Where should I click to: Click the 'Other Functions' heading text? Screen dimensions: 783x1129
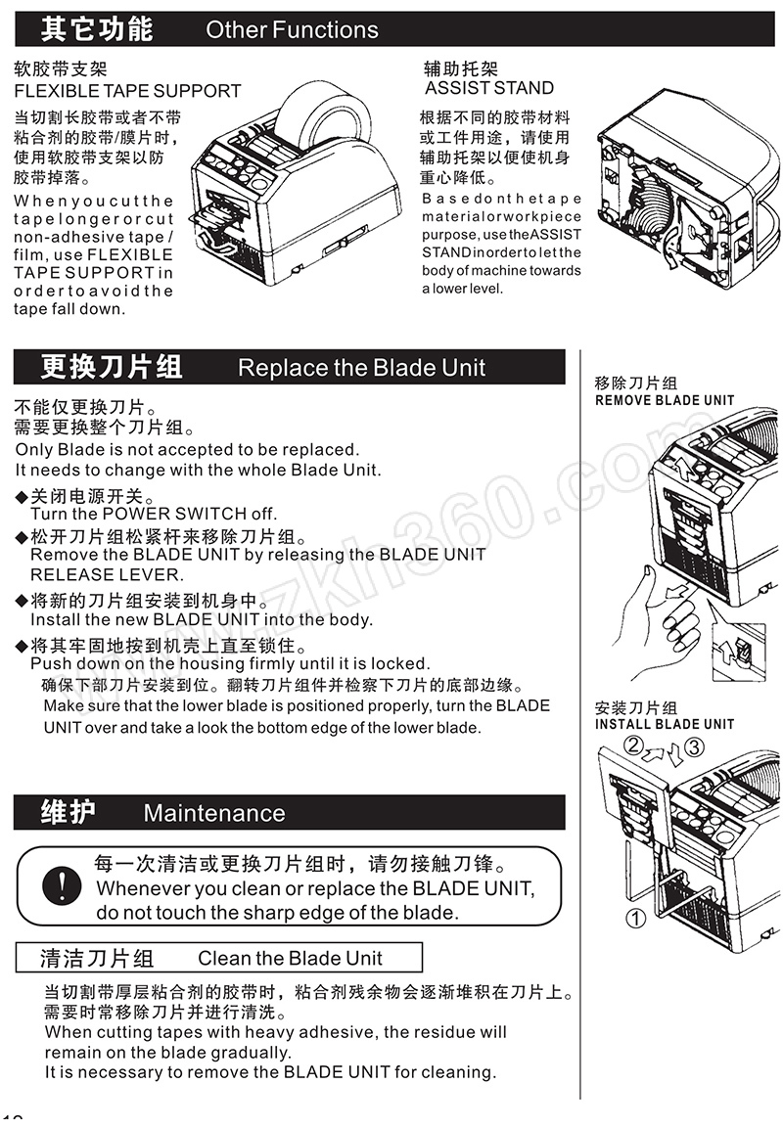(x=292, y=30)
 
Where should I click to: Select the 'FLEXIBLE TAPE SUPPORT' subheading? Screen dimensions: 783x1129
(x=127, y=91)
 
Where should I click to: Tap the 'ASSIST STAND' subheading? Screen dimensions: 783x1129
(x=489, y=89)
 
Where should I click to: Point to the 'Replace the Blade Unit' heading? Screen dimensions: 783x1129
(x=361, y=368)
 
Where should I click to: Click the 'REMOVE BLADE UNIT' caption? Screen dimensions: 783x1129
(x=665, y=400)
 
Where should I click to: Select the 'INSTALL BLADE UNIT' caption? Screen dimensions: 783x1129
(x=665, y=724)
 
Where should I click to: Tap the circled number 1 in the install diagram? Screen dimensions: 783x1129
(x=635, y=919)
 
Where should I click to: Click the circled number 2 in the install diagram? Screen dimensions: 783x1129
(x=633, y=745)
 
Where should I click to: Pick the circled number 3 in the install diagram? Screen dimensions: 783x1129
(x=694, y=746)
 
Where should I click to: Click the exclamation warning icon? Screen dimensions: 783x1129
(x=62, y=885)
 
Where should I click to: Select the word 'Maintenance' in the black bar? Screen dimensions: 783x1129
(x=214, y=813)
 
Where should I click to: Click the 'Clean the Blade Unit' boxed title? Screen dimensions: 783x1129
(x=290, y=959)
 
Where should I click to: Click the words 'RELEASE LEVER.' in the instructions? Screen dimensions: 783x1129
(x=107, y=574)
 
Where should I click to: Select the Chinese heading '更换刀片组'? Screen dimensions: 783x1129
(x=111, y=367)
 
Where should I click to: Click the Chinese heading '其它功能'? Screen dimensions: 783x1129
(x=96, y=29)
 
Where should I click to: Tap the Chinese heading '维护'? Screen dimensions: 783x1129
(x=68, y=812)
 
